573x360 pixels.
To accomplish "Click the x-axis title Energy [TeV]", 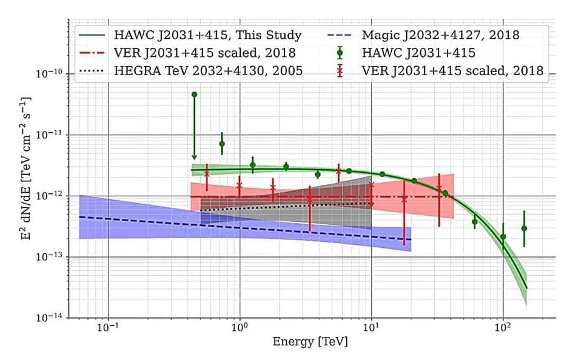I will tap(310, 341).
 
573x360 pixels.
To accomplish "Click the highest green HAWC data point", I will tap(194, 95).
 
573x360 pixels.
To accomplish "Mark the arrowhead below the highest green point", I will tap(194, 156).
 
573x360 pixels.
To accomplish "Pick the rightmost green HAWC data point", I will tap(524, 228).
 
